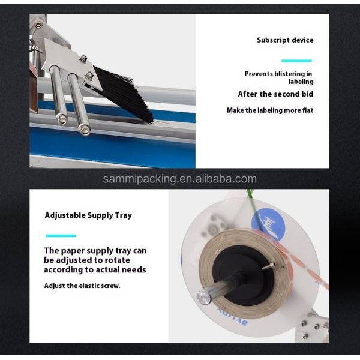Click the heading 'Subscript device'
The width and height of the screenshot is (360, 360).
tap(285, 40)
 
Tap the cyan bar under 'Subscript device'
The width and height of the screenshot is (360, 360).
tap(296, 61)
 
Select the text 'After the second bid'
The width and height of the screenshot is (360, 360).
tap(275, 94)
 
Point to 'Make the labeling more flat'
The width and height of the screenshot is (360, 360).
tap(270, 110)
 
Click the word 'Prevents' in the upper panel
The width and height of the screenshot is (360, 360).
tap(259, 74)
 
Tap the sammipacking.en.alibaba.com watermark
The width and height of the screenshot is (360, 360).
tap(179, 179)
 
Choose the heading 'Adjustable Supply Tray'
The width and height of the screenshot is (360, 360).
tap(88, 215)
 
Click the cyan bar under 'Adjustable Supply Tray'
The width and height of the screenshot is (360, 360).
tap(61, 235)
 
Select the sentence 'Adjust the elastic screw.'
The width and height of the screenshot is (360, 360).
tap(82, 286)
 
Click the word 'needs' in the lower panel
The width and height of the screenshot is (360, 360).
tap(134, 270)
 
